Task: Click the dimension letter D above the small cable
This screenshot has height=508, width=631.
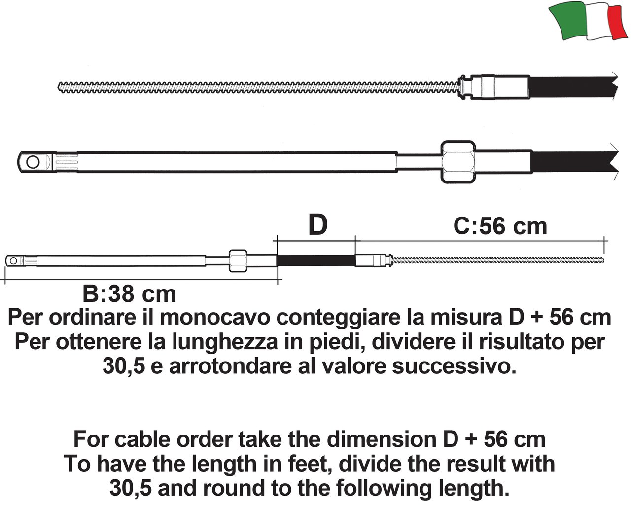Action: pos(318,225)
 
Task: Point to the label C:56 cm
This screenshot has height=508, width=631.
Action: pos(500,226)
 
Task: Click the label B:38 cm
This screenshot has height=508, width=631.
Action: pos(129,294)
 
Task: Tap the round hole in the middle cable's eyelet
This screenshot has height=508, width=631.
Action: pos(33,162)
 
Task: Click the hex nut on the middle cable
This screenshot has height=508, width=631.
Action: pos(458,162)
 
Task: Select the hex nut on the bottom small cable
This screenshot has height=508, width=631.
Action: pos(238,260)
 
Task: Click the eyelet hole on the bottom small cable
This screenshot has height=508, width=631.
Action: pos(13,260)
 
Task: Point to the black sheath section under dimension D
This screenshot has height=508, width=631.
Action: pos(316,260)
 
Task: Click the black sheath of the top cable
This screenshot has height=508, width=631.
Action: pos(573,87)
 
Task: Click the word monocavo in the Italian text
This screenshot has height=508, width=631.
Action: pos(214,318)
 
